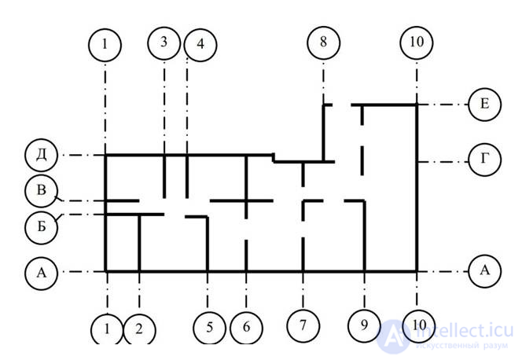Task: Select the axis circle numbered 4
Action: pos(200,45)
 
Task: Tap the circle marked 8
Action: pos(323,43)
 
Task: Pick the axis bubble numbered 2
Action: pos(139,329)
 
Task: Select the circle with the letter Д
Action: pos(41,155)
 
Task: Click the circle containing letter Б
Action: pos(41,225)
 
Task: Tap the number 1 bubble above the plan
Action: pos(105,45)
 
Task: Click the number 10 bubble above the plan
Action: pos(416,43)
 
